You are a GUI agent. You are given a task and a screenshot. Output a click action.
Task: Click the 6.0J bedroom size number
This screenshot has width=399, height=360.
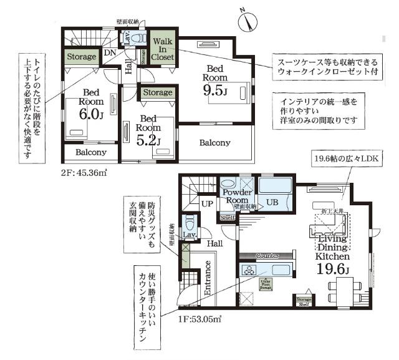coord(90,114)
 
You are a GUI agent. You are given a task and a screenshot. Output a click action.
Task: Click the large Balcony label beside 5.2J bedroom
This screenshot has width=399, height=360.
coord(215,143)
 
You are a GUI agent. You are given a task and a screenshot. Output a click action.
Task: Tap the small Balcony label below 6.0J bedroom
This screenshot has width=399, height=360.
coord(91,152)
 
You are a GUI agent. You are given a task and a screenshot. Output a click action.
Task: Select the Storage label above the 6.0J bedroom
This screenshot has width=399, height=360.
coord(81,57)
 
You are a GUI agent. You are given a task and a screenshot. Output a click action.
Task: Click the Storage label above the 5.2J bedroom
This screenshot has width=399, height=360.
coord(157,92)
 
